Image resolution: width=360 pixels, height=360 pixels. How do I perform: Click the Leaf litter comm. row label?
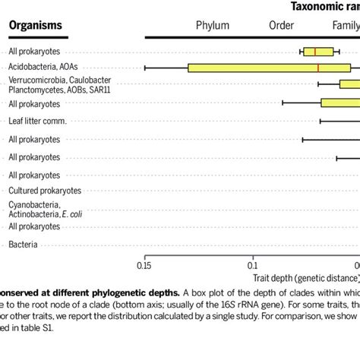click(38, 122)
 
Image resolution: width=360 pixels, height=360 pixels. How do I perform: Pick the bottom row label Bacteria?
click(22, 245)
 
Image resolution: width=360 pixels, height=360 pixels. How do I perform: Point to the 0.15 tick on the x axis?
click(144, 266)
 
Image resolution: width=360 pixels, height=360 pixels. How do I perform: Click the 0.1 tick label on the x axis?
click(253, 266)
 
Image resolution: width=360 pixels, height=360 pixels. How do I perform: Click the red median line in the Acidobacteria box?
click(318, 68)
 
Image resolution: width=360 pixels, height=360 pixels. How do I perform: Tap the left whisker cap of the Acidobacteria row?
click(145, 68)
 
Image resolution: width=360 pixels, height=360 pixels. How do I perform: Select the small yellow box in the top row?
click(319, 52)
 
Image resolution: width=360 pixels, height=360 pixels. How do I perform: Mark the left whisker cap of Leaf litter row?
click(320, 121)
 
